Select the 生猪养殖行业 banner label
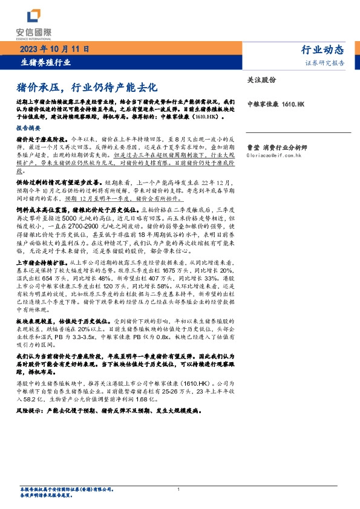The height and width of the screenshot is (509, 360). click(46, 62)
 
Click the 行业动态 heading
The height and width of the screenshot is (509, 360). click(322, 50)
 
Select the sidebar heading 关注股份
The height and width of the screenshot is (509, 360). click(261, 80)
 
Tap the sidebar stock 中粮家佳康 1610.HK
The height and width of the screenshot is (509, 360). click(276, 105)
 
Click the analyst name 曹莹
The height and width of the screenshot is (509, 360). click(254, 147)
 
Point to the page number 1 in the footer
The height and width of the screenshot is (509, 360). click(178, 489)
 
